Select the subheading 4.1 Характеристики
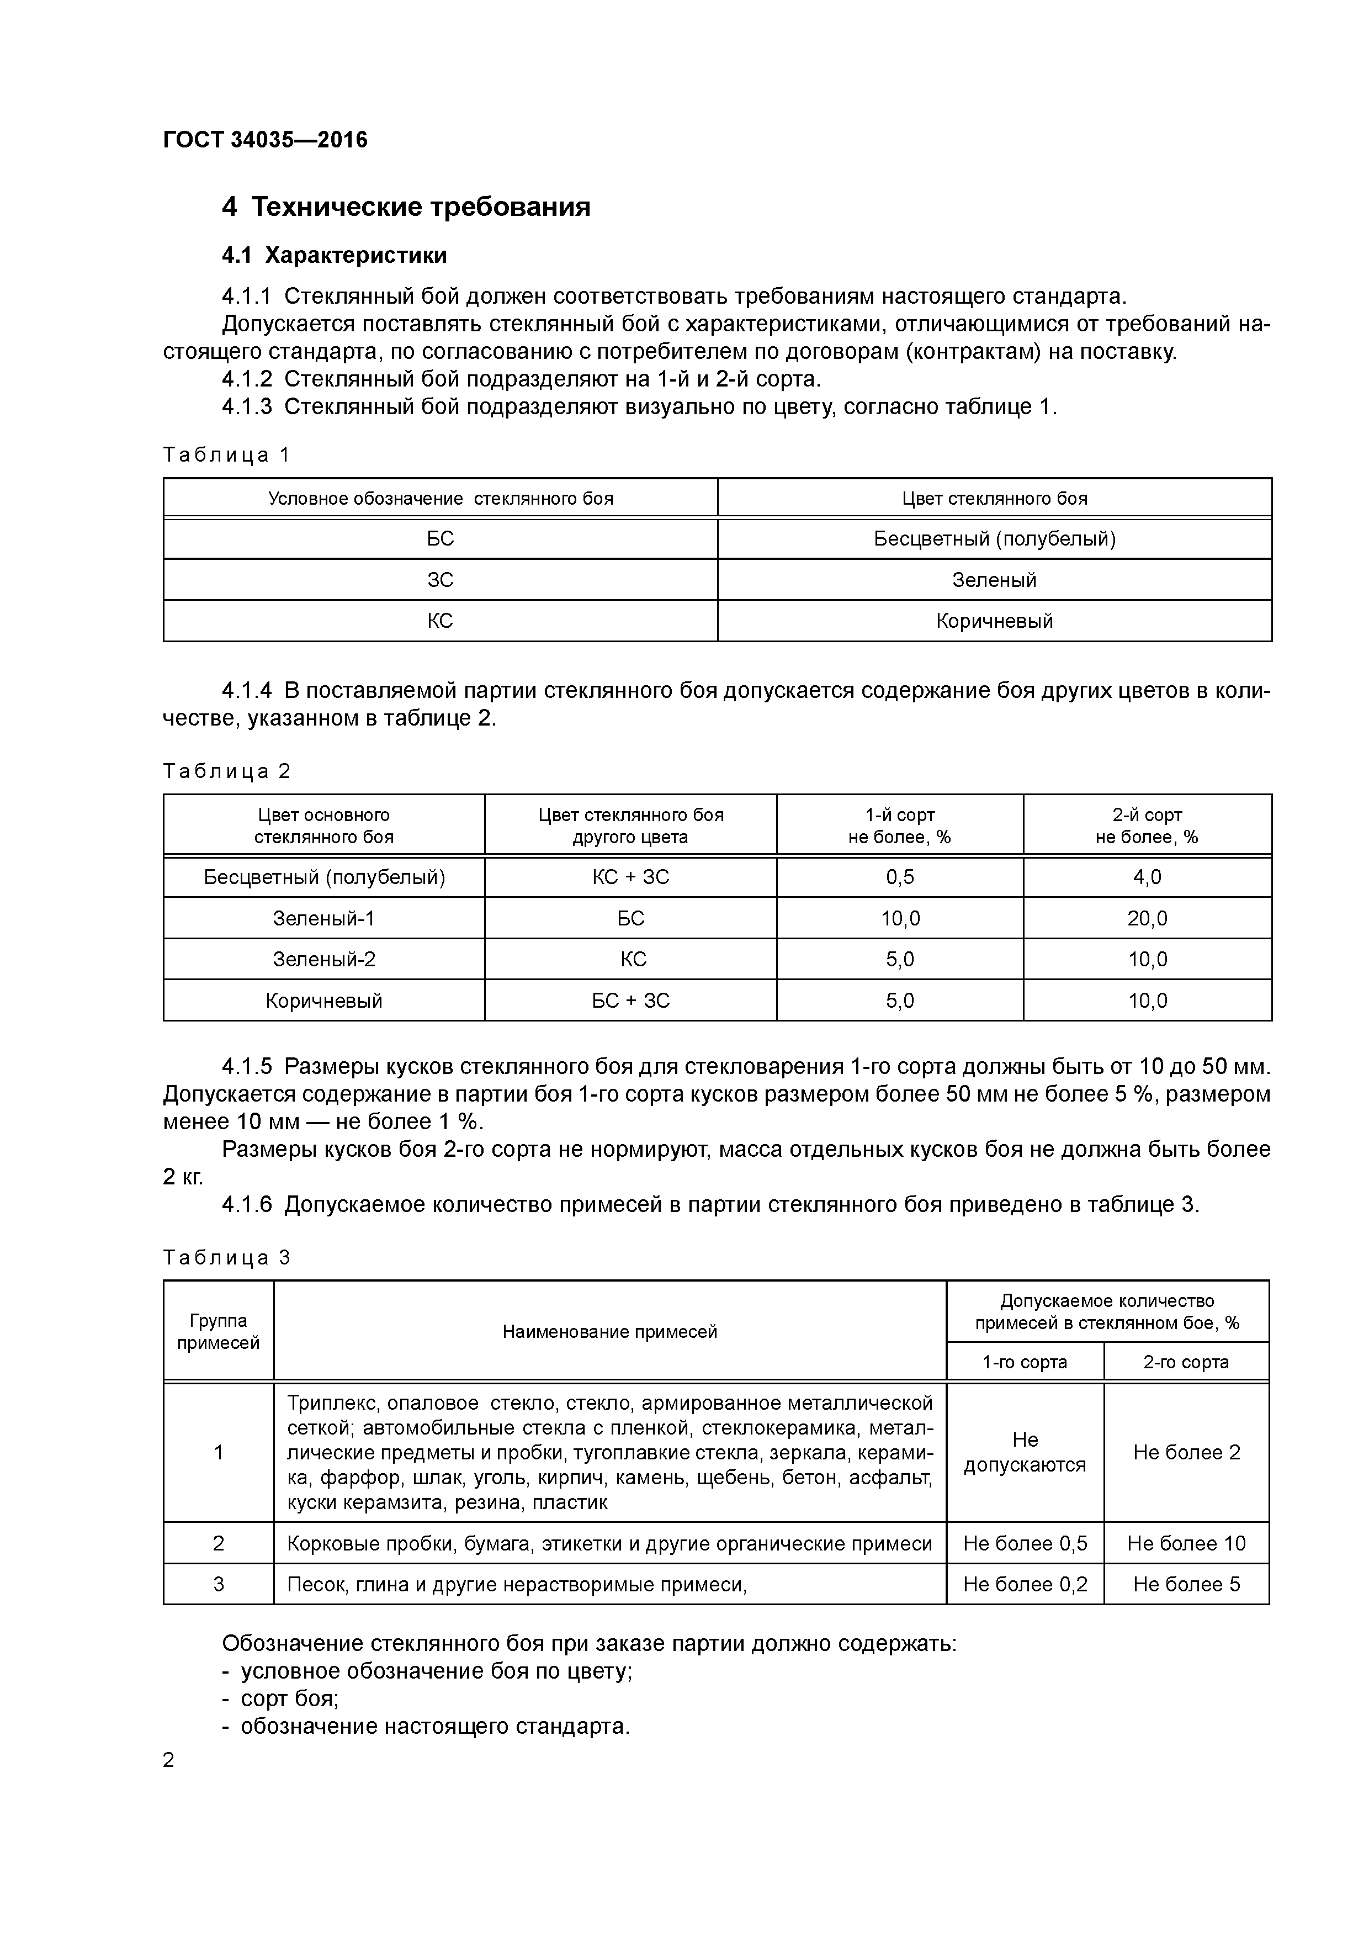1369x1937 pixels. pos(334,255)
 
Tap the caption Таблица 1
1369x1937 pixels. pos(226,455)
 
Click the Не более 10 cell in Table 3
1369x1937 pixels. pos(1185,1543)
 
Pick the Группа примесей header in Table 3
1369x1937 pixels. pos(219,1331)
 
